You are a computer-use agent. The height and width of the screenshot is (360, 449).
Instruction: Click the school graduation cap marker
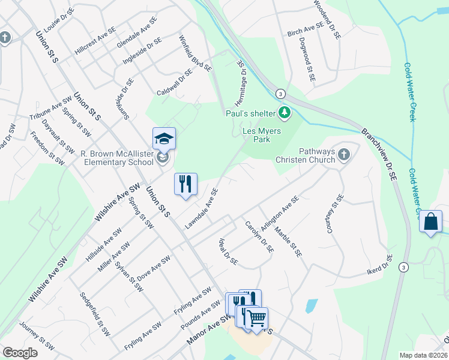(164, 139)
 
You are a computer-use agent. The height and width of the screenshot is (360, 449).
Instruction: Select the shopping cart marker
(256, 319)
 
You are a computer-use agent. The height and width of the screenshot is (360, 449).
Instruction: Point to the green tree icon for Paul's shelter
(285, 112)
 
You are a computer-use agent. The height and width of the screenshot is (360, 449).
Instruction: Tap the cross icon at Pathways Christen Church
(344, 154)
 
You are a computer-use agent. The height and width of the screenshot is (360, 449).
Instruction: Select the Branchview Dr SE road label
(380, 150)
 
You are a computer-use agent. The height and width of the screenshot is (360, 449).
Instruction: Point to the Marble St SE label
(288, 242)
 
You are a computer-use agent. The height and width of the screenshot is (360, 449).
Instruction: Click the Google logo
(20, 352)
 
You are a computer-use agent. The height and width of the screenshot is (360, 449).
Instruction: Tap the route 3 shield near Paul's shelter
(280, 94)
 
